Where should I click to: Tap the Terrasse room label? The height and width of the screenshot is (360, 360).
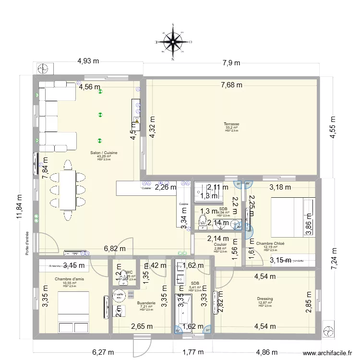[x=231, y=124]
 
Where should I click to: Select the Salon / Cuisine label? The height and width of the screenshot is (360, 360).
[x=104, y=153]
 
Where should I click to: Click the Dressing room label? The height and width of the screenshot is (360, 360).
[x=264, y=299]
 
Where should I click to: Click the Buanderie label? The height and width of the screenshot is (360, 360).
[x=146, y=303]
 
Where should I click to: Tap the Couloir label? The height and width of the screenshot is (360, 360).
[x=220, y=244]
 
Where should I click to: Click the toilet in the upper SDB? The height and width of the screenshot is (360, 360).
[x=203, y=221]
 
